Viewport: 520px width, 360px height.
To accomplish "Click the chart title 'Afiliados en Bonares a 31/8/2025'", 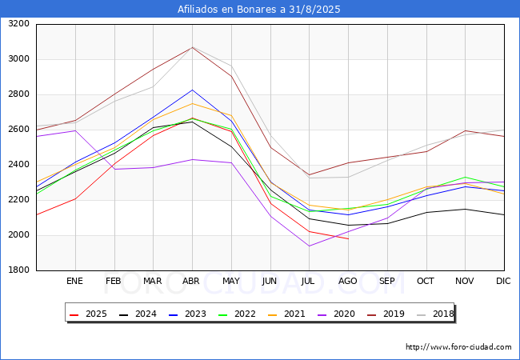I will coord(260,10).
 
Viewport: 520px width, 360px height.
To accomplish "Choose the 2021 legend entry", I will coord(286,314).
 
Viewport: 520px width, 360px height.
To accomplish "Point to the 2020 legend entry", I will coord(334,314).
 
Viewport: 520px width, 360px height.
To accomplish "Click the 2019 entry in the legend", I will coord(383,314).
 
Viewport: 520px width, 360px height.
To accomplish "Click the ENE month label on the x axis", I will coord(74,282).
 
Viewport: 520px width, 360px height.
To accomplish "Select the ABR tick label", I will coord(191,282).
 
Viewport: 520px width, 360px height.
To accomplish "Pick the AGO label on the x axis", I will coord(348,282).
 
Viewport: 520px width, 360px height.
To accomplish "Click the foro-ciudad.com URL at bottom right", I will coord(458,347).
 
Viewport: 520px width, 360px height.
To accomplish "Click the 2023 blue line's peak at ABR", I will coord(192,90).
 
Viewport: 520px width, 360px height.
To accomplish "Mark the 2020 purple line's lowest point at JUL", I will coord(309,246).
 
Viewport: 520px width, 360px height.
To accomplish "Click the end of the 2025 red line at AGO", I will coord(348,239).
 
